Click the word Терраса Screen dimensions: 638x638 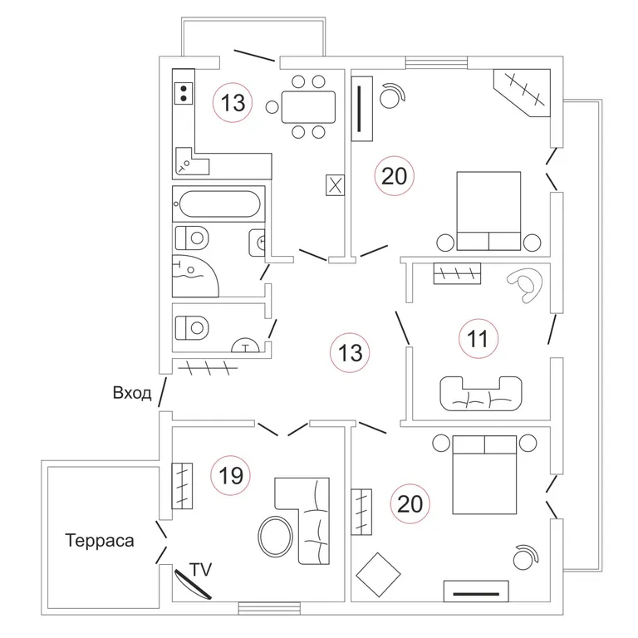[x=100, y=541]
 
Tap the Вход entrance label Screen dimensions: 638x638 [x=132, y=393]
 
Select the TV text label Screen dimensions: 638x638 [x=200, y=570]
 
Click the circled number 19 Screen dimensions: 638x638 [x=231, y=475]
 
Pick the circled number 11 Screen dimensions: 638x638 [x=478, y=339]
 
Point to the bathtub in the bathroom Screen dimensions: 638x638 [x=219, y=204]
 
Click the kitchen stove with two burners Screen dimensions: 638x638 [x=184, y=93]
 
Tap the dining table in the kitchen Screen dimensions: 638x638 [x=308, y=107]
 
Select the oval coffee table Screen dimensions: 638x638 [x=276, y=537]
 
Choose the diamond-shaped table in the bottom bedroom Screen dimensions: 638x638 [x=379, y=575]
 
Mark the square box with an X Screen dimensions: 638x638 [x=336, y=185]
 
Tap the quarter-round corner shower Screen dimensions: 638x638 [x=194, y=276]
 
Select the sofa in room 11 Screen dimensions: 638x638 [x=481, y=394]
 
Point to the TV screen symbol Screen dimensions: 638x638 [x=193, y=584]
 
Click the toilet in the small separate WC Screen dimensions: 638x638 [x=192, y=328]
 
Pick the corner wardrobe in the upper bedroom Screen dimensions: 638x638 [x=522, y=93]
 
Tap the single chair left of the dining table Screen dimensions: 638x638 [x=272, y=107]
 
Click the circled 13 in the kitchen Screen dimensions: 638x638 [x=233, y=103]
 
